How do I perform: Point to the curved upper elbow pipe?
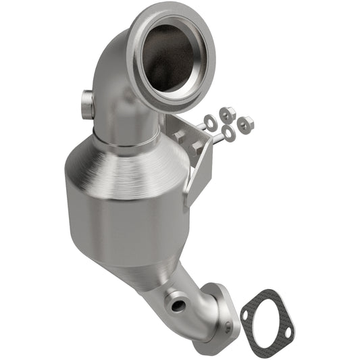tap(115, 81)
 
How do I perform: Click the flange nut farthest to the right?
tap(246, 123)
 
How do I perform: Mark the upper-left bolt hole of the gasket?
tap(247, 315)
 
